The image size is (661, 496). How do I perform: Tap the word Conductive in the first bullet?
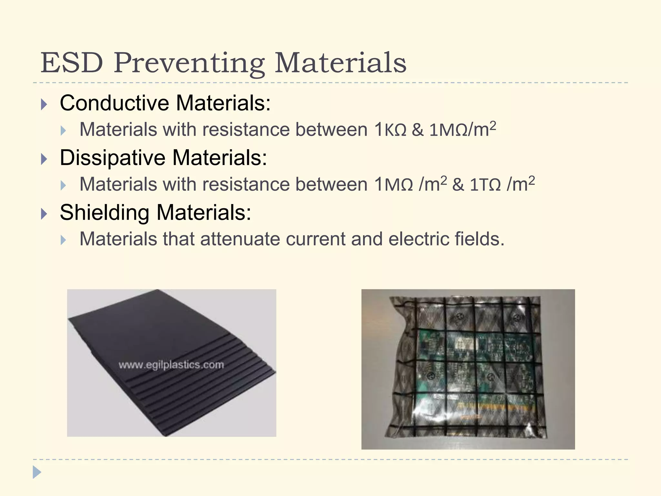[114, 103]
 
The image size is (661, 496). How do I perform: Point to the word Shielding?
[104, 212]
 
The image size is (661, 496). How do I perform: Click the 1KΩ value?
[390, 130]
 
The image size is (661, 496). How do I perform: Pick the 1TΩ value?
[485, 185]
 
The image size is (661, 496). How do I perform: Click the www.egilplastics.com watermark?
[171, 365]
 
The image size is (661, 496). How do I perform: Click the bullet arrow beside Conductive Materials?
[44, 104]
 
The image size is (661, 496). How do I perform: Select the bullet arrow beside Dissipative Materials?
[44, 159]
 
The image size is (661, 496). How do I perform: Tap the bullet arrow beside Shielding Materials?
[44, 214]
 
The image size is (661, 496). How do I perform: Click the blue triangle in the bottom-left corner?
[36, 472]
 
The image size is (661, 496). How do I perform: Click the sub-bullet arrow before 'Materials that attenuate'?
[63, 240]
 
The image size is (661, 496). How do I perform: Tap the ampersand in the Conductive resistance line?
[418, 130]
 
